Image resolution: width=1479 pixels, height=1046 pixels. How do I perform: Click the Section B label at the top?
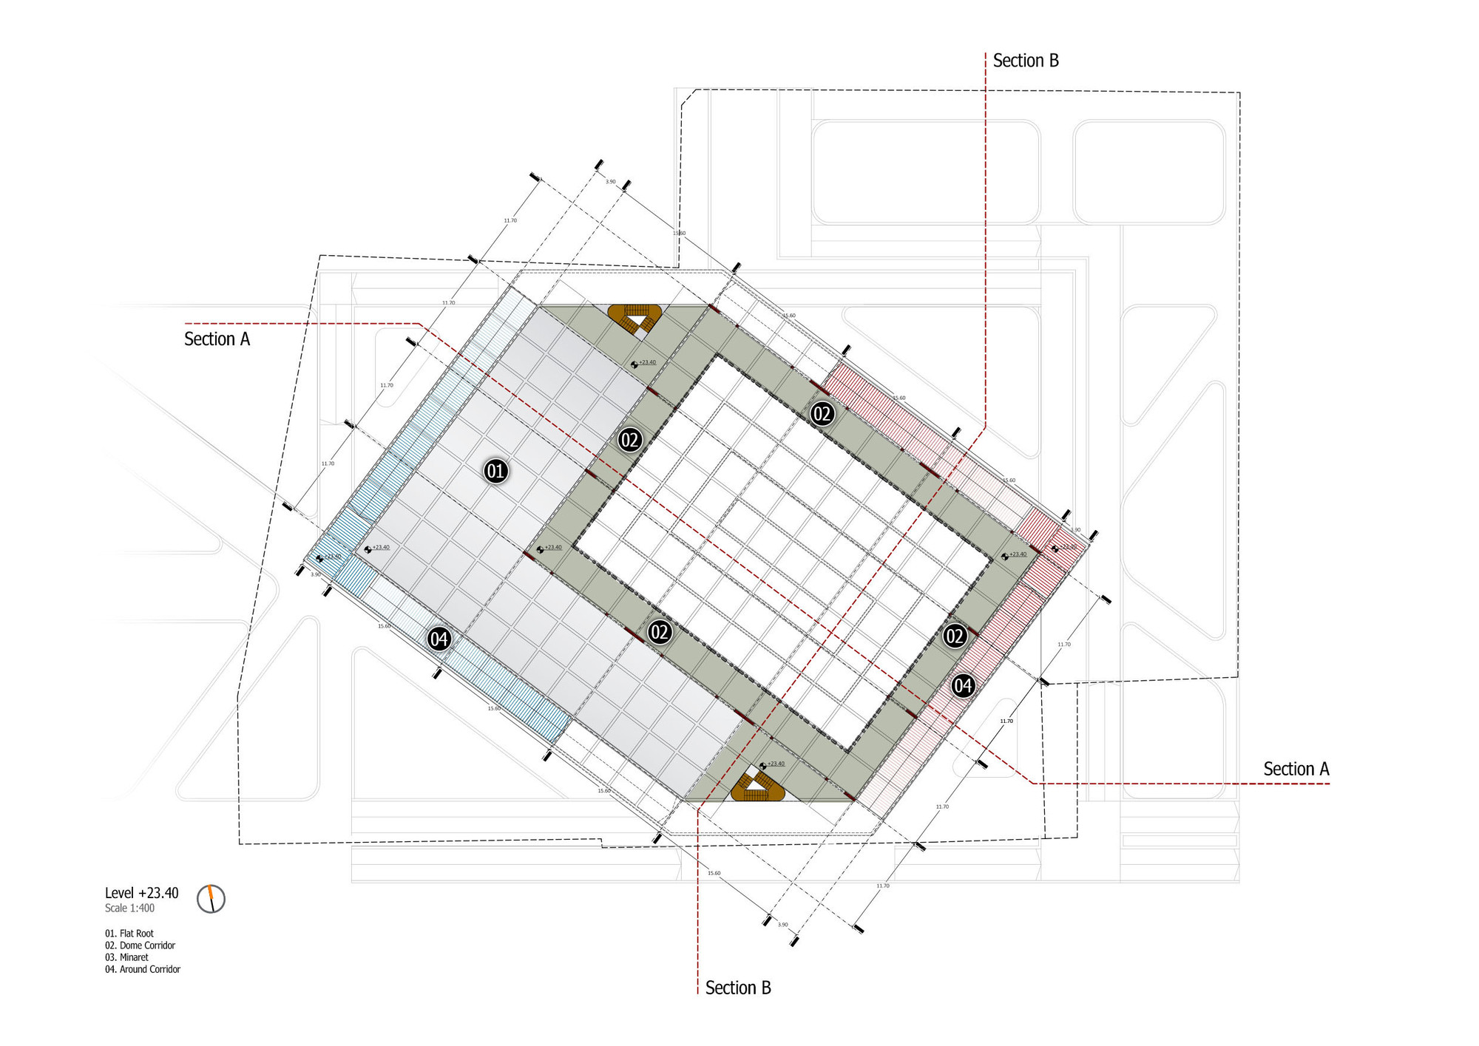pos(1025,61)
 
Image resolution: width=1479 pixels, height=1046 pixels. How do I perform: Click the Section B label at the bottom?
pos(737,988)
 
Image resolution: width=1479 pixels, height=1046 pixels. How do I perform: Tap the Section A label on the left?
pos(217,339)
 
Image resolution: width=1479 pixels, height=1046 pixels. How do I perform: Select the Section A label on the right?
pos(1296,769)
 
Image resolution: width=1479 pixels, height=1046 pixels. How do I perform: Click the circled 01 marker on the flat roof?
pos(495,471)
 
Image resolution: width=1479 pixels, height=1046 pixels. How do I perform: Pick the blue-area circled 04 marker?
pos(439,639)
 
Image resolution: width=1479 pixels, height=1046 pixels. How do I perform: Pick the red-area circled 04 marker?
pos(962,686)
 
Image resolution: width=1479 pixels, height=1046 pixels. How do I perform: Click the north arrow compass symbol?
pos(211,899)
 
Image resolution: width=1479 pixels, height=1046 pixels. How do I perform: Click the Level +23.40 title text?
pos(141,893)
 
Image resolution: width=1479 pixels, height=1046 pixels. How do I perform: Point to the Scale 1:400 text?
pos(129,909)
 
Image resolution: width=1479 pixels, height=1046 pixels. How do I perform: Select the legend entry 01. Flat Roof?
pos(129,934)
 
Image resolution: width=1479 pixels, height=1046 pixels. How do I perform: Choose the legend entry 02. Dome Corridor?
pos(140,945)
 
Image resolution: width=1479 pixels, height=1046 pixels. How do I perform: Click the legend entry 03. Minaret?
pos(126,957)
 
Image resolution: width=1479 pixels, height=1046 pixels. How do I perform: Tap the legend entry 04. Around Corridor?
pos(143,969)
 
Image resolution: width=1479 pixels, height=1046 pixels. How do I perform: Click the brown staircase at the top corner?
pos(634,319)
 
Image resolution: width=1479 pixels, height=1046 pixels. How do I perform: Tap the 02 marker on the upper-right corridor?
pos(822,413)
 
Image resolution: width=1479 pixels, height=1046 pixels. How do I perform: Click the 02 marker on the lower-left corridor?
pos(659,632)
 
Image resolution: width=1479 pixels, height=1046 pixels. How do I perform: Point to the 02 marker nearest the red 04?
pos(955,636)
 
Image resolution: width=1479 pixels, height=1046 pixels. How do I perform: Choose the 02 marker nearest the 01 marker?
pos(629,441)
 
